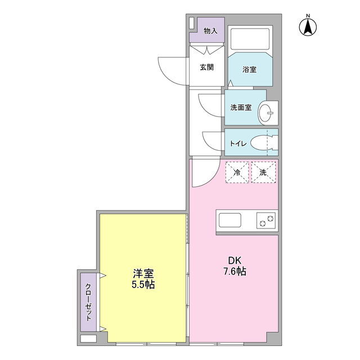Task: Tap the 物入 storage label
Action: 210,31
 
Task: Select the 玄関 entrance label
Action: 206,67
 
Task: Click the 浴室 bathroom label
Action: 249,69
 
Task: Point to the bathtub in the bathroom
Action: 250,39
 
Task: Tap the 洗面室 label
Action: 241,107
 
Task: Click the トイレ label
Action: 238,144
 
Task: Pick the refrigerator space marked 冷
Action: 237,172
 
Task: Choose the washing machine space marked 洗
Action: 264,172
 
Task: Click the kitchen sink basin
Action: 230,220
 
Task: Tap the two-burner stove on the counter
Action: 266,220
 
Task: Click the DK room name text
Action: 235,260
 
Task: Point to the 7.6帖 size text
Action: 235,271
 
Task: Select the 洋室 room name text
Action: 143,273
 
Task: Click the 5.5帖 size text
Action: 143,285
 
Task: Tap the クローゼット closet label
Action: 88,303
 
